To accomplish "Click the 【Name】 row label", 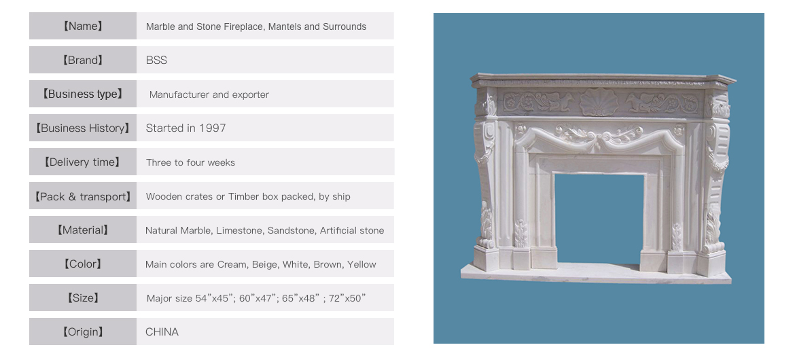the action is (83, 26).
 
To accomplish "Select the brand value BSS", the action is (156, 60).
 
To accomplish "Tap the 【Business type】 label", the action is (83, 94).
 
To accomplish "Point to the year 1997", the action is (212, 128).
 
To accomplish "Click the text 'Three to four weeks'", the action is (190, 162).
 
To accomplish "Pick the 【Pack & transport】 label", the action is (83, 196).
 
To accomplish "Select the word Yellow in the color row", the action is (361, 264).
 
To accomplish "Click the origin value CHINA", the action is (162, 332).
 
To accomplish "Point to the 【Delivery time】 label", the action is (83, 162).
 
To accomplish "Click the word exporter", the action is (251, 95).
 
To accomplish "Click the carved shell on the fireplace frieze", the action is (599, 102).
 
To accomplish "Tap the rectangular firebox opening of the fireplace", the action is (599, 219).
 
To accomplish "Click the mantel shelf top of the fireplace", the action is (603, 78).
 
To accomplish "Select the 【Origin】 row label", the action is (83, 332).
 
